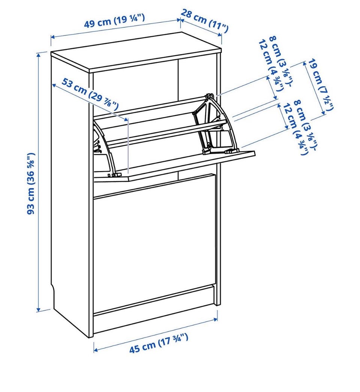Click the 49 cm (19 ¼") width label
point(114,21)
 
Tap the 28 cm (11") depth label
point(204,21)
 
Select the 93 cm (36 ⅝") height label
point(31,183)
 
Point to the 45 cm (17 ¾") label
point(158,343)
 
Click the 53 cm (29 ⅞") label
point(90,94)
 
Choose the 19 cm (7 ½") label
point(321,85)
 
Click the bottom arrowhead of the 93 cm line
point(38,310)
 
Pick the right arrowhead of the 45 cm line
point(216,319)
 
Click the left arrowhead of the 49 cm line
point(52,37)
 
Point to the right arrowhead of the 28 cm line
point(220,35)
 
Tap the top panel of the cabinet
point(136,52)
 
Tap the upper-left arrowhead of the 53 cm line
point(54,85)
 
